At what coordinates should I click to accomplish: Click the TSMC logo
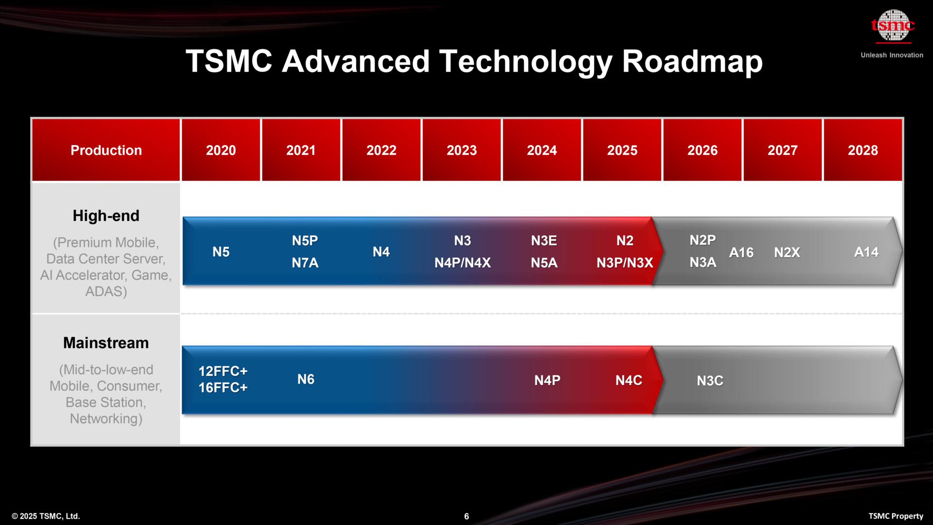892,26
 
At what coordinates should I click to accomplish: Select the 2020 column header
221,150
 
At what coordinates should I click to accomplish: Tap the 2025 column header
622,150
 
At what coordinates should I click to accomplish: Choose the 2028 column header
863,150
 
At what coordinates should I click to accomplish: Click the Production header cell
106,150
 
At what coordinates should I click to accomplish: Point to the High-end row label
106,216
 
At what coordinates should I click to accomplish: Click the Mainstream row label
106,343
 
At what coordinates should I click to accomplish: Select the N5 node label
221,252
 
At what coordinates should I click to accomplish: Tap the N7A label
305,263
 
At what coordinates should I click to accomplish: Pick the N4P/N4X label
462,263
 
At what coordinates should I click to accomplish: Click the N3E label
544,241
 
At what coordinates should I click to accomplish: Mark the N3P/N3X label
624,263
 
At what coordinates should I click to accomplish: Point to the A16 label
741,252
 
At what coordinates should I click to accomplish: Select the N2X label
787,252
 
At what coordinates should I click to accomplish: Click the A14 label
866,252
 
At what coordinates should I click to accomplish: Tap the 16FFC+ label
223,387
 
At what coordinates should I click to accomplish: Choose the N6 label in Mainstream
306,379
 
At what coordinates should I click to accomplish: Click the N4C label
628,380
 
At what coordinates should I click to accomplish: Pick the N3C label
710,381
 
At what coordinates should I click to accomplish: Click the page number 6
466,516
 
